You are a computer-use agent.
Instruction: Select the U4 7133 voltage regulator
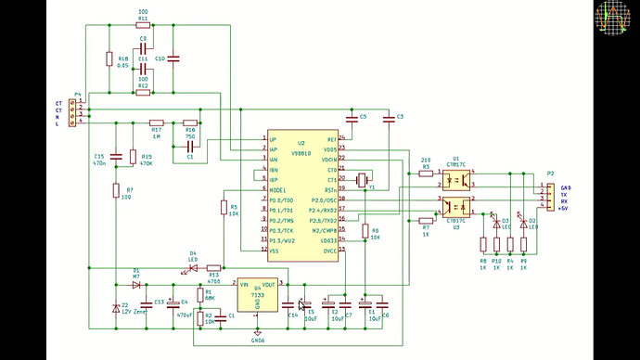(257, 295)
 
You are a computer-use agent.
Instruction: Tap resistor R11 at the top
(142, 26)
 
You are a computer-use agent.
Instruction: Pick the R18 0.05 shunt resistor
(109, 59)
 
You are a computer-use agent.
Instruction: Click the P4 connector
(82, 111)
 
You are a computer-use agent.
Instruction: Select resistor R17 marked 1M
(157, 122)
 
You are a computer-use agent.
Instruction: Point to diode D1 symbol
(136, 284)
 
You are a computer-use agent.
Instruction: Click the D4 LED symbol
(193, 268)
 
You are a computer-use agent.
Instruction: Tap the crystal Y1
(365, 178)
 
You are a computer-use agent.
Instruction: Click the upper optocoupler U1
(456, 177)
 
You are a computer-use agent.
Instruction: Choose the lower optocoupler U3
(456, 205)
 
